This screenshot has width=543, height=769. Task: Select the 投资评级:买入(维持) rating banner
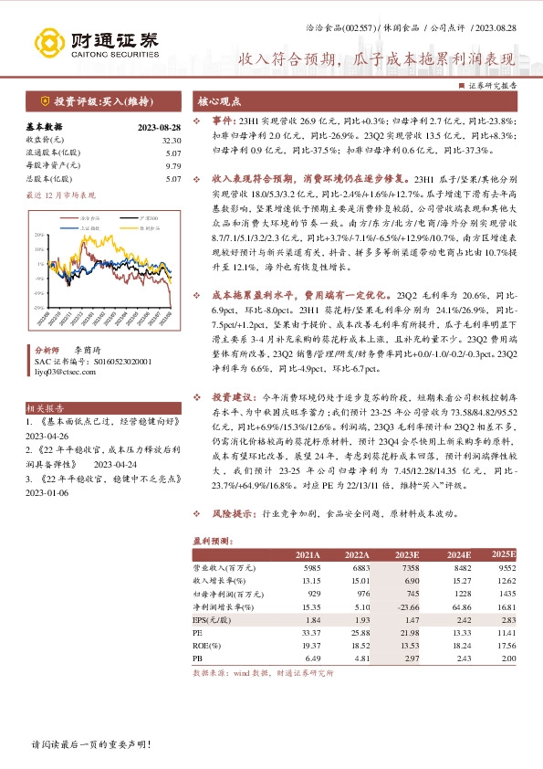pos(94,100)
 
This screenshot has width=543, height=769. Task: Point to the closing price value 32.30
pos(172,140)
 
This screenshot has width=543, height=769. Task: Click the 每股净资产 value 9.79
pos(174,165)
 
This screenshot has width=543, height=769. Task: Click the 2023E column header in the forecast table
pos(405,554)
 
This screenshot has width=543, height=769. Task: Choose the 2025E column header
pos(504,554)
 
